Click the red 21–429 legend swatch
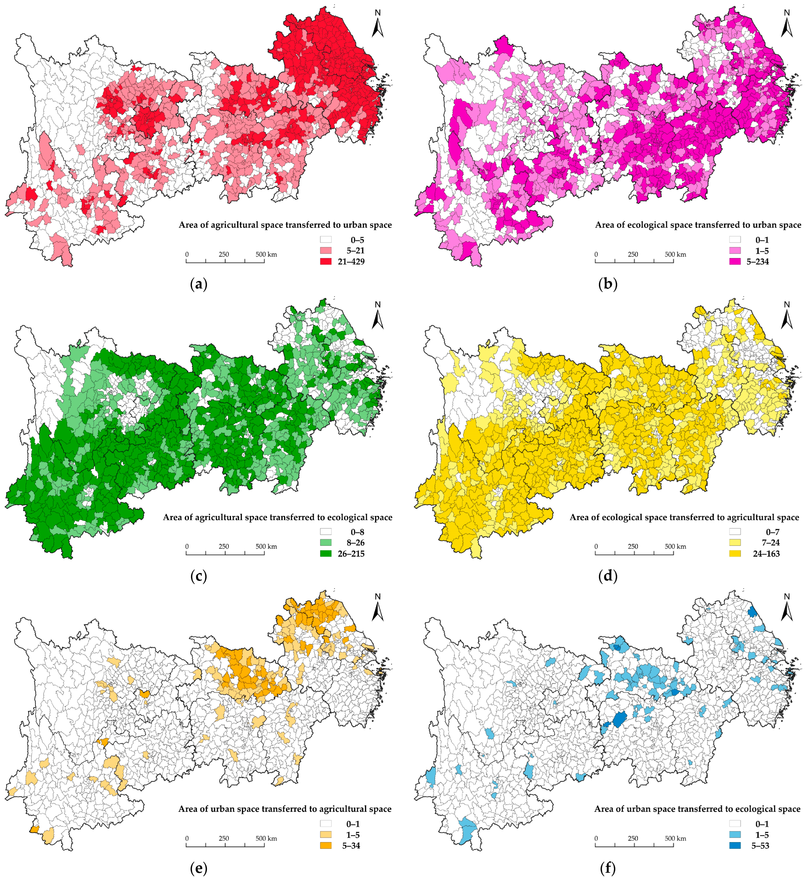pyautogui.click(x=325, y=261)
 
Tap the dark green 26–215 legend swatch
pyautogui.click(x=325, y=553)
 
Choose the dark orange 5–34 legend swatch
pyautogui.click(x=325, y=845)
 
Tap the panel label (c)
pyautogui.click(x=199, y=576)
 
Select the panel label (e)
pyautogui.click(x=199, y=868)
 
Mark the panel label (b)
pyautogui.click(x=608, y=284)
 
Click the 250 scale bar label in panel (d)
pyautogui.click(x=633, y=546)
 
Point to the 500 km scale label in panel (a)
pyautogui.click(x=266, y=254)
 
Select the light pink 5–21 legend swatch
pyautogui.click(x=325, y=251)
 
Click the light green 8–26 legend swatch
pyautogui.click(x=325, y=543)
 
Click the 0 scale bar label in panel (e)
pyautogui.click(x=187, y=838)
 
